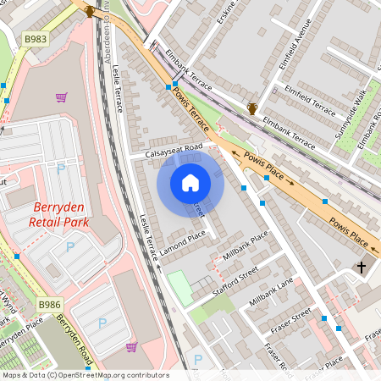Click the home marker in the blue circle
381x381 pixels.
click(x=190, y=183)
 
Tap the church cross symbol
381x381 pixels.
click(x=362, y=267)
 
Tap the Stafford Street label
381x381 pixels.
click(x=235, y=280)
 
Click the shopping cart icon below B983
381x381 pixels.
click(x=61, y=97)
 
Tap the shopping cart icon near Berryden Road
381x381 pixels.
click(x=131, y=346)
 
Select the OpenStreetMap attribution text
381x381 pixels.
click(x=85, y=375)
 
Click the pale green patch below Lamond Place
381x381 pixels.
click(x=179, y=288)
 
